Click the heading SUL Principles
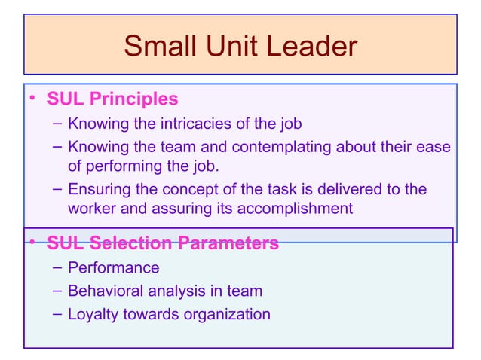pos(112,99)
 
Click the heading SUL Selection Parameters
pos(163,243)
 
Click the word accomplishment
pos(295,209)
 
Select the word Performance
pos(113,267)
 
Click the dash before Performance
pos(58,267)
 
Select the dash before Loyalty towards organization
pos(58,314)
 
